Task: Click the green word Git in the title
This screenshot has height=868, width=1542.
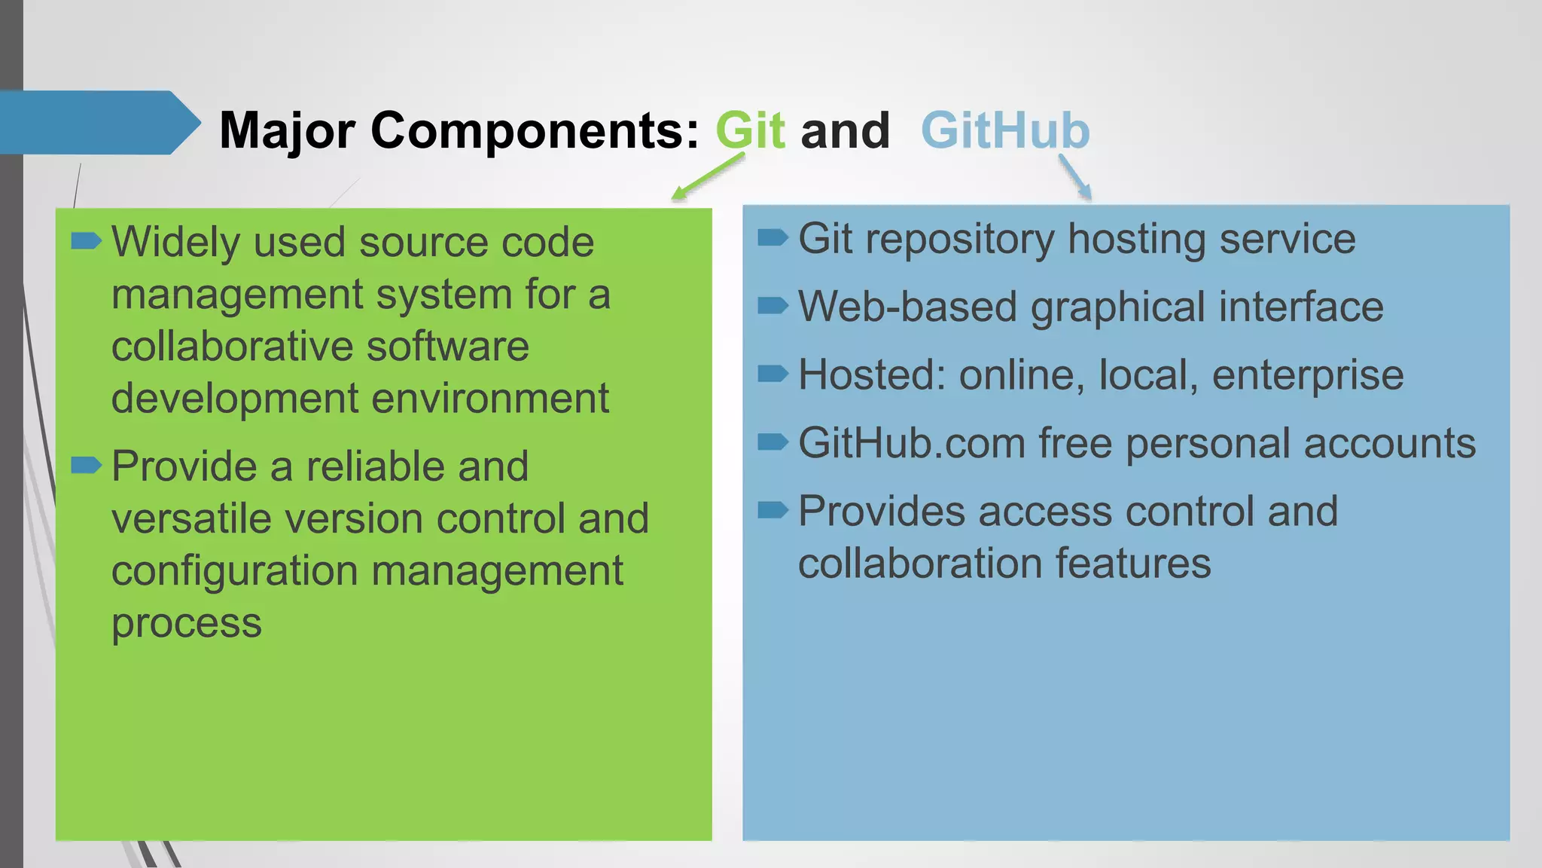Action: [x=750, y=130]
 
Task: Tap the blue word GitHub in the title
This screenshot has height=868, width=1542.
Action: [x=1005, y=130]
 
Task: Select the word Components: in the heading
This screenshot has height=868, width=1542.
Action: [x=535, y=131]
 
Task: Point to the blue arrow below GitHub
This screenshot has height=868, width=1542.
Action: [x=1074, y=176]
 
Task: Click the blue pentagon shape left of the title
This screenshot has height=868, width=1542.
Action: [x=98, y=122]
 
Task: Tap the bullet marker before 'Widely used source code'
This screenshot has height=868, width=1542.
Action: [x=86, y=241]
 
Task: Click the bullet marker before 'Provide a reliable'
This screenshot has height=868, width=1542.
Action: [x=86, y=465]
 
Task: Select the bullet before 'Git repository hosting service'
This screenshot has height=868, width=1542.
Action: [x=773, y=238]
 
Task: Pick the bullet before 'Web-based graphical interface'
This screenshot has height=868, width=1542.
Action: [x=773, y=305]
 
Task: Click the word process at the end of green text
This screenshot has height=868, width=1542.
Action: [x=186, y=623]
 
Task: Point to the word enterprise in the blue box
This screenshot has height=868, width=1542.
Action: [x=1308, y=375]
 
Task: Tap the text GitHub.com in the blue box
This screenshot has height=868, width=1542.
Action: [x=911, y=443]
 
